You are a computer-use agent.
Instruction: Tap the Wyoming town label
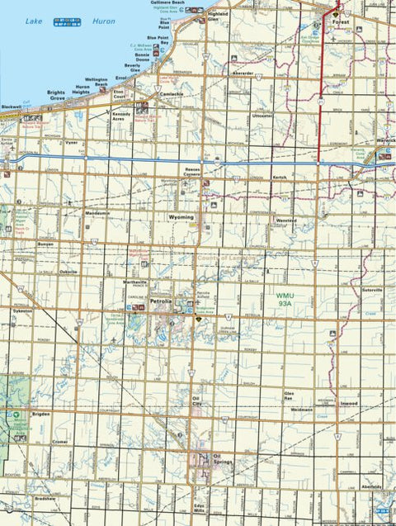tap(181, 217)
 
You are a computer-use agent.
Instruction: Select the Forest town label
tap(339, 22)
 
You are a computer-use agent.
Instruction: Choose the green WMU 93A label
tap(285, 298)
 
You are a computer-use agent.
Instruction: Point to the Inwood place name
tap(347, 403)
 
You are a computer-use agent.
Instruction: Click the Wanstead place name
tap(286, 220)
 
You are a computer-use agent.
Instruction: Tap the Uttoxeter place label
tap(262, 116)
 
